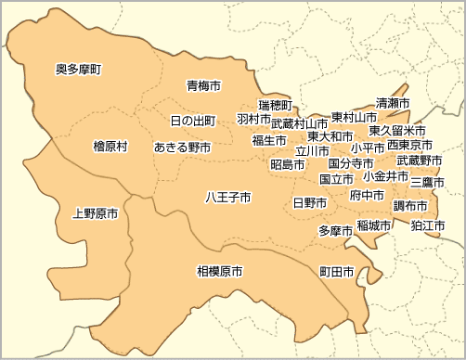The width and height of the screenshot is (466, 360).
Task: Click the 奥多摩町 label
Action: tap(79, 69)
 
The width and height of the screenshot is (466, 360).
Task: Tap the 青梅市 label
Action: tap(203, 85)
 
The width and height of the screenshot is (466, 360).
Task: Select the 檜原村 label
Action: tap(110, 147)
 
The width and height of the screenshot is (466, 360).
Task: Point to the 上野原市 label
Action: tap(95, 213)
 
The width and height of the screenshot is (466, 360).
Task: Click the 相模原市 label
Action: tap(219, 272)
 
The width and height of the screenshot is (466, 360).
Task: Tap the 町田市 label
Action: tap(337, 272)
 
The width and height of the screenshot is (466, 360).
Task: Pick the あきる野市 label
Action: tap(182, 148)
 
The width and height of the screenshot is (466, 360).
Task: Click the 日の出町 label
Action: tap(193, 122)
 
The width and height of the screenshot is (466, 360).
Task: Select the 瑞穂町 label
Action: tap(275, 104)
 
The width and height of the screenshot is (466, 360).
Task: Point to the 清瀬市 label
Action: tap(394, 101)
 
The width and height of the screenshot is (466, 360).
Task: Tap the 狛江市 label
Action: tap(428, 225)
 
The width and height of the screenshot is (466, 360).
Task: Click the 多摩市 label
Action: tap(335, 230)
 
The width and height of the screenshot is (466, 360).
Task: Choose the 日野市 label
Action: tap(309, 202)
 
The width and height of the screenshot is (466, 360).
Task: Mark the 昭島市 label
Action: tap(288, 164)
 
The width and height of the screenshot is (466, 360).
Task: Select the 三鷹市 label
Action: tap(427, 182)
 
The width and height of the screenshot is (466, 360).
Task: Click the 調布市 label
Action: tap(409, 205)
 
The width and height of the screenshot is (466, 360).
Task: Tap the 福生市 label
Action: tap(269, 141)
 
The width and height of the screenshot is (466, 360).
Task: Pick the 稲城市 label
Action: tap(373, 225)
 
